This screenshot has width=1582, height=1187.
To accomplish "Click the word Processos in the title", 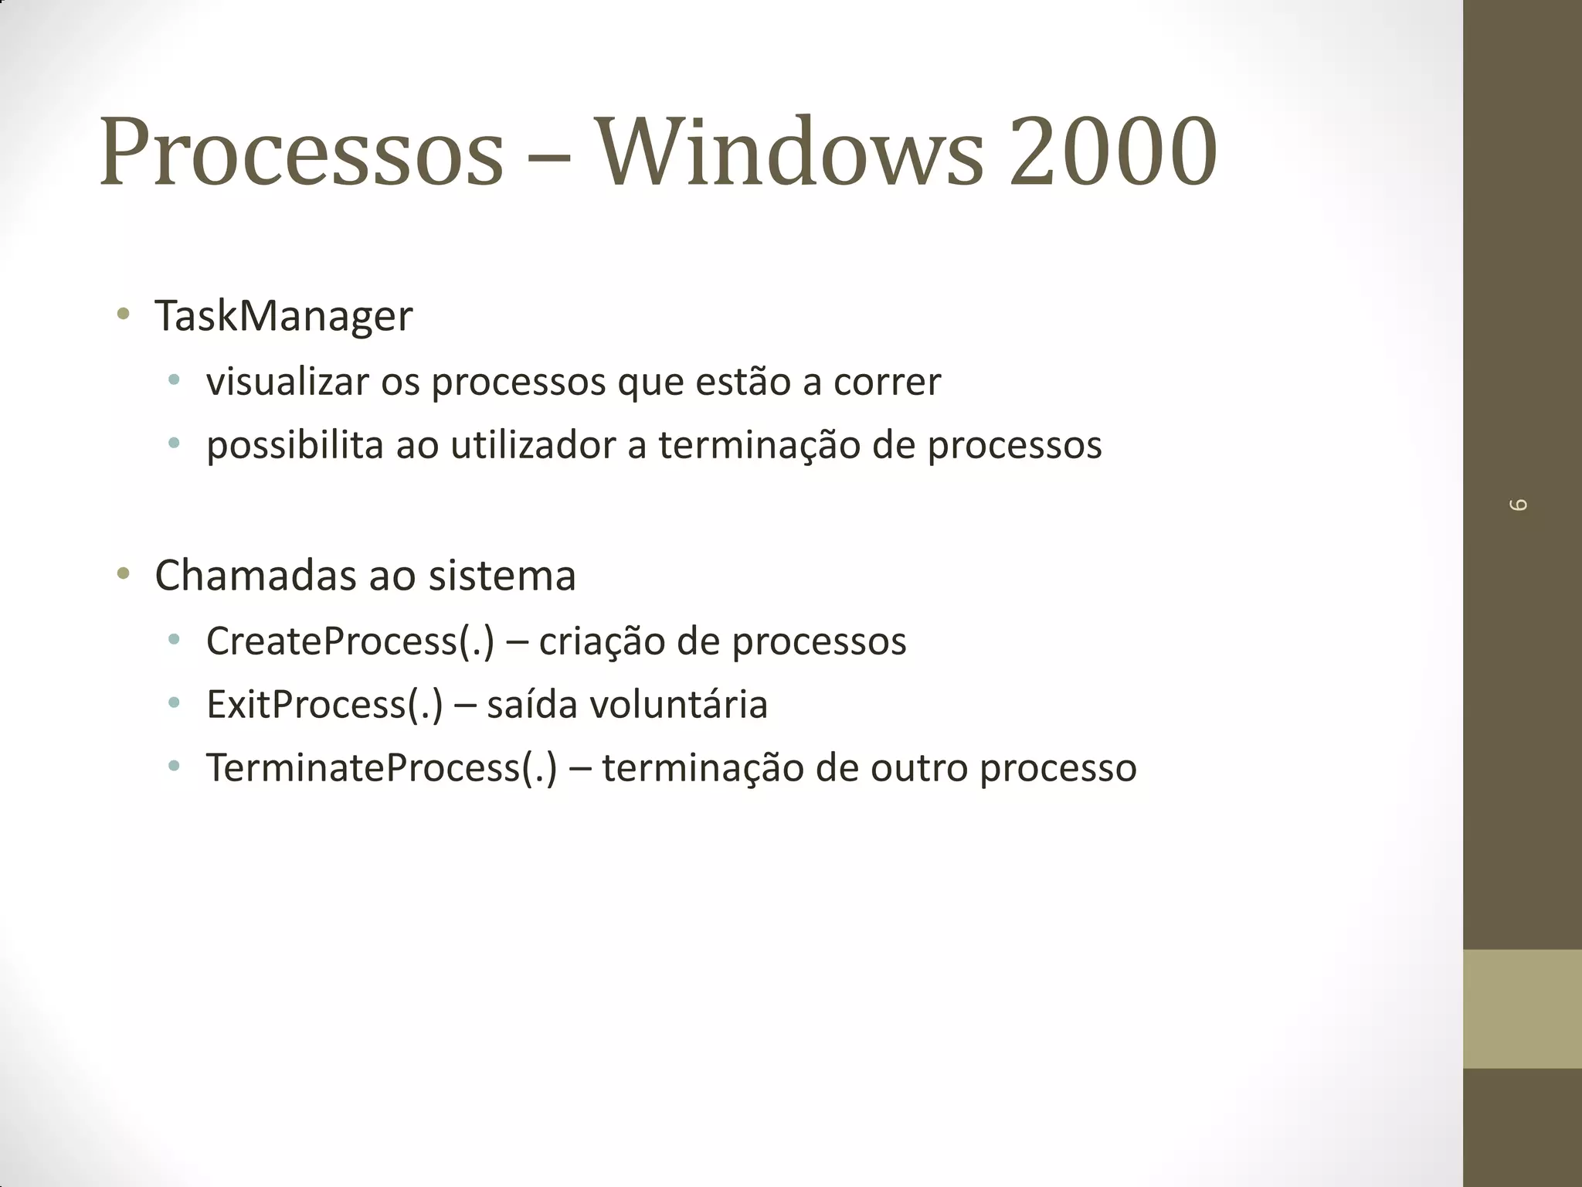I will coord(301,152).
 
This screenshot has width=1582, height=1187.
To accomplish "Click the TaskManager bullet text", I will coord(283,316).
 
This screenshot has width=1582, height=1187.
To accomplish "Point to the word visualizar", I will coord(287,382).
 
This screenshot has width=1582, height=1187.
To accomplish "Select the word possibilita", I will coord(294,446).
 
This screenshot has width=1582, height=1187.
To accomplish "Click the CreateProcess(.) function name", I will coord(350,641).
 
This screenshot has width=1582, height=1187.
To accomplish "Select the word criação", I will coord(602,641).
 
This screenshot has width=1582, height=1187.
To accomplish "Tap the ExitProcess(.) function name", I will coord(324,705).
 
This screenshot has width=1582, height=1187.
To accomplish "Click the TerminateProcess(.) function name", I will coord(382,768).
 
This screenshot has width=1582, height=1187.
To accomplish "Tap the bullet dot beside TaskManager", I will coord(123,314).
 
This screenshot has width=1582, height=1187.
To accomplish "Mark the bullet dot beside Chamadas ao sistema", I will coord(123,573).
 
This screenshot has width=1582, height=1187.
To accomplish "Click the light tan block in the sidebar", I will coord(1522,1008).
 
